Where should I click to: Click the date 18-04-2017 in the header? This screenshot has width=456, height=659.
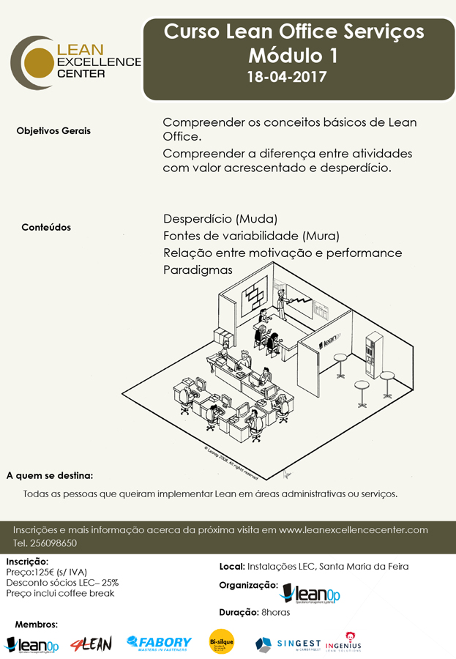287,76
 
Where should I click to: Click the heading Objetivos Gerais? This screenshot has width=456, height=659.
53,131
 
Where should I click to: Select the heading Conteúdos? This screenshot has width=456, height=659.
46,227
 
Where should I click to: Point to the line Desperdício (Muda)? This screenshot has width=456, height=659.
220,219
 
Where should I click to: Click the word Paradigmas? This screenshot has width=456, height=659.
198,269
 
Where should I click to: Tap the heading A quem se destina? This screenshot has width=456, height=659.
49,475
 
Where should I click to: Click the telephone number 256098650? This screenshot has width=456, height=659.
53,543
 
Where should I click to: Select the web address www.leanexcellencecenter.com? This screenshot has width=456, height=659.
354,529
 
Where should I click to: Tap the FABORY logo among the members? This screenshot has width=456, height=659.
159,643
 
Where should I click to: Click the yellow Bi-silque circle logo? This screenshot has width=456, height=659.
221,642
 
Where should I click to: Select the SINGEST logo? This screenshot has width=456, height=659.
287,643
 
